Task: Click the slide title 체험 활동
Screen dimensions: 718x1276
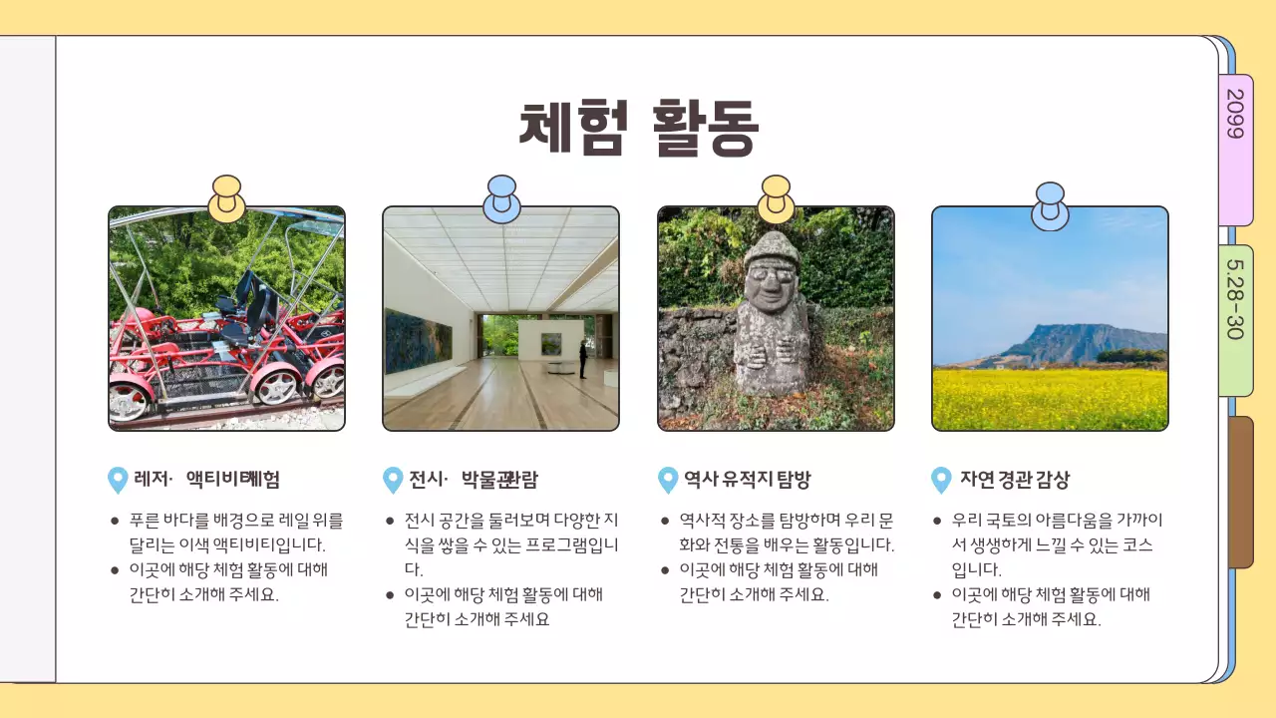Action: (x=638, y=127)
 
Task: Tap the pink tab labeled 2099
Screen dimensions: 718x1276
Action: (x=1235, y=150)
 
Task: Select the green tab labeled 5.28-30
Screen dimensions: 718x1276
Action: (x=1235, y=319)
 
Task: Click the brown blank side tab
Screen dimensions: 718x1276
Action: (x=1240, y=492)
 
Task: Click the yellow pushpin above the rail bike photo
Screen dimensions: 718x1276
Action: (x=227, y=197)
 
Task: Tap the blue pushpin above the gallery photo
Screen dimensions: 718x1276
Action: (x=501, y=197)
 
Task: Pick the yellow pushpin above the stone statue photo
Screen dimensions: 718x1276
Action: (x=776, y=197)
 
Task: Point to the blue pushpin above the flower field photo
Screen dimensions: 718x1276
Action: (x=1050, y=204)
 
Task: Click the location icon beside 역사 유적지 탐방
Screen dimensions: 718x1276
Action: (x=668, y=480)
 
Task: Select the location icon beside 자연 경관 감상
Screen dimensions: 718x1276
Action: (x=941, y=480)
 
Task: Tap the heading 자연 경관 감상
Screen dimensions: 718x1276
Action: (x=1014, y=480)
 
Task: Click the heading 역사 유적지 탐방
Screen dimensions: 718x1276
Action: (x=747, y=480)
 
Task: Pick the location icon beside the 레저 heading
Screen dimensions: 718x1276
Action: (x=118, y=480)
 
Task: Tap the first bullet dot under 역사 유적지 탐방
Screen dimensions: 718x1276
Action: (x=665, y=521)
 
